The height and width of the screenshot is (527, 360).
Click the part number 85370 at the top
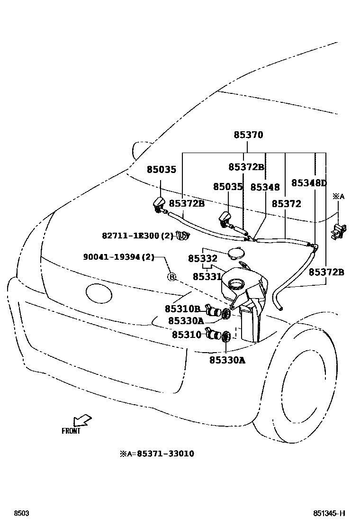[248, 135]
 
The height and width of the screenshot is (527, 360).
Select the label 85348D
[309, 183]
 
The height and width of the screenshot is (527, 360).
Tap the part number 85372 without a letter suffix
[286, 204]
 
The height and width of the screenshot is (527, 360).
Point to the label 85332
[202, 259]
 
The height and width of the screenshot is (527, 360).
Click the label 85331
[207, 276]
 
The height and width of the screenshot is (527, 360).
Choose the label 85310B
[182, 309]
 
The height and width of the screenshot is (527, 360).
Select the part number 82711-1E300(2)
[137, 236]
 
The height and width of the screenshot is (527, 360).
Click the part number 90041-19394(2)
[119, 257]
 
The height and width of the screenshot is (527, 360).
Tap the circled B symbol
[172, 277]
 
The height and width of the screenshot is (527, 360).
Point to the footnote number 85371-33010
[165, 454]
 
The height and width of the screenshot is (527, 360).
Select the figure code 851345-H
[329, 514]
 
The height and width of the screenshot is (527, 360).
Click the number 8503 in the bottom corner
[21, 514]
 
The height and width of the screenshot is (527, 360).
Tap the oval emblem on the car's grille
[99, 292]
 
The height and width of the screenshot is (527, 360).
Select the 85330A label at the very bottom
[227, 360]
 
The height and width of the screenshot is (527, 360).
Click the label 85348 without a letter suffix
[265, 188]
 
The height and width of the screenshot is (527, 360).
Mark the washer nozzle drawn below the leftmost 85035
[159, 206]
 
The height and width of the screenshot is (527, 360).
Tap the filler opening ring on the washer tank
[235, 284]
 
